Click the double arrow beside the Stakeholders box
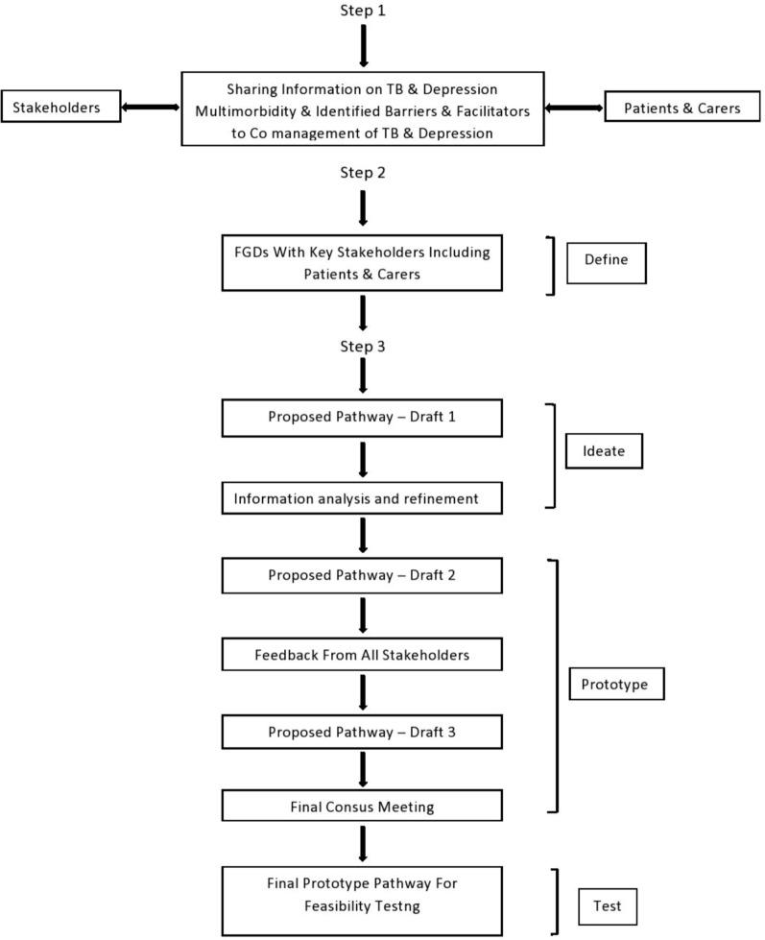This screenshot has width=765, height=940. pos(150,108)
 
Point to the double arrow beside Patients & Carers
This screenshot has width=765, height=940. pos(574,108)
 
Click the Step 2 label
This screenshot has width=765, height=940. pos(363,173)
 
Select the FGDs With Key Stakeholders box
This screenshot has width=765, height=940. pos(363,263)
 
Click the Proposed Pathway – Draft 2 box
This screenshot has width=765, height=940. pos(363,575)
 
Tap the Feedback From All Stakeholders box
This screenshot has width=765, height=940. pos(363,655)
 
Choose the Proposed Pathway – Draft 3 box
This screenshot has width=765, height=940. pos(363,732)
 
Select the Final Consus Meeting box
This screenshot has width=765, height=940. pos(363,806)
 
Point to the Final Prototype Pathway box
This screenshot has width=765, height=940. pos(363,900)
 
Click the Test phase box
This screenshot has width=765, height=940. pos(608,904)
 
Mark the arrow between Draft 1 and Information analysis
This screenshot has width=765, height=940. pos(363,460)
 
